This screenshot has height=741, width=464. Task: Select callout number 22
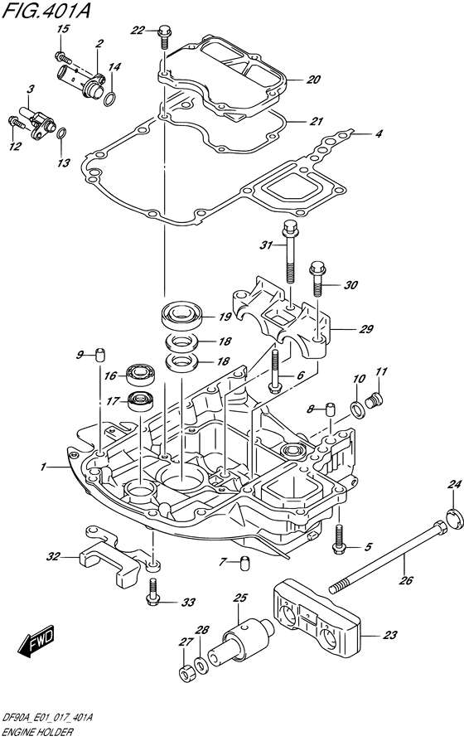click(x=138, y=31)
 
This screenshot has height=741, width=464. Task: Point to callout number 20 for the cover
click(x=313, y=80)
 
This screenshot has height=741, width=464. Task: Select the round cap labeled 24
click(x=452, y=520)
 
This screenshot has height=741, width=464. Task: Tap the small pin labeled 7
click(x=244, y=564)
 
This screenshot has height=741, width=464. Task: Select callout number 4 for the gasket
click(x=379, y=133)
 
